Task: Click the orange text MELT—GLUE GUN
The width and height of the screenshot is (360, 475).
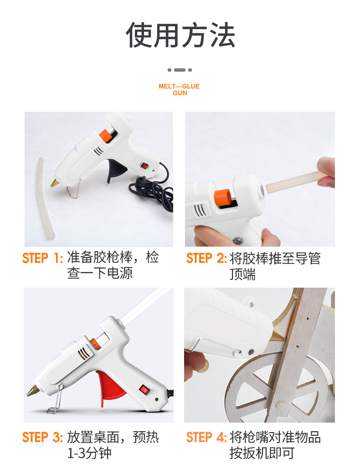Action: click(x=179, y=89)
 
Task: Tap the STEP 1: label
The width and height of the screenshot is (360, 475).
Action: click(x=42, y=258)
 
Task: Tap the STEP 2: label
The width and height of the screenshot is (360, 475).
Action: click(x=206, y=258)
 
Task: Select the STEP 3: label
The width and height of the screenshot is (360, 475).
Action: click(x=42, y=438)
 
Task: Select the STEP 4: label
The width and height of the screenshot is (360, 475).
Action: click(x=206, y=438)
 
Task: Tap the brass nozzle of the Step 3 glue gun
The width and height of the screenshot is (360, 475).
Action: click(x=33, y=391)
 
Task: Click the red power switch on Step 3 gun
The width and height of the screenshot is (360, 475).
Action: click(x=144, y=389)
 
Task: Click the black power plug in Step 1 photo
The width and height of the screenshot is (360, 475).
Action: click(x=137, y=181)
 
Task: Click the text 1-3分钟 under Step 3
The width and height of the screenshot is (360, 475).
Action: click(x=89, y=453)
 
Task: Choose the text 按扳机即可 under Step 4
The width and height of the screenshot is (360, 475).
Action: click(x=262, y=453)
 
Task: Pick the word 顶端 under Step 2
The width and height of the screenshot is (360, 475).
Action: click(x=242, y=274)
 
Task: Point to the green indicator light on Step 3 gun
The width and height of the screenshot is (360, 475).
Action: click(x=156, y=400)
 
